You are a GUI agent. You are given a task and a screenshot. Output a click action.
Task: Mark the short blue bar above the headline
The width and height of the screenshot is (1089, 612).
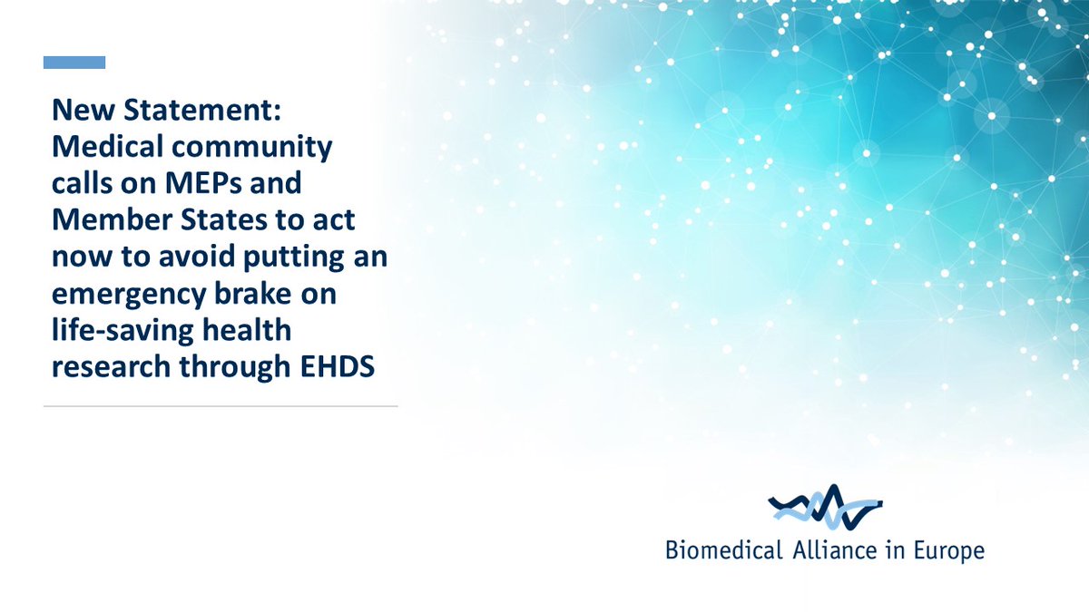pyautogui.click(x=74, y=63)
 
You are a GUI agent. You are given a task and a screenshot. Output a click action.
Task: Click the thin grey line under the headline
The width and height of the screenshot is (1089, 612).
pyautogui.click(x=221, y=406)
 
